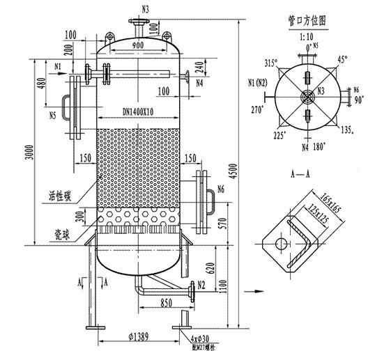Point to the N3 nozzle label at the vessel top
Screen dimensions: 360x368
click(144, 8)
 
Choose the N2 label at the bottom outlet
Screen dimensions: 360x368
click(201, 285)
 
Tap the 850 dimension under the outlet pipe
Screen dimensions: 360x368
click(167, 304)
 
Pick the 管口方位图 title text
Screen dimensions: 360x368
click(307, 20)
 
